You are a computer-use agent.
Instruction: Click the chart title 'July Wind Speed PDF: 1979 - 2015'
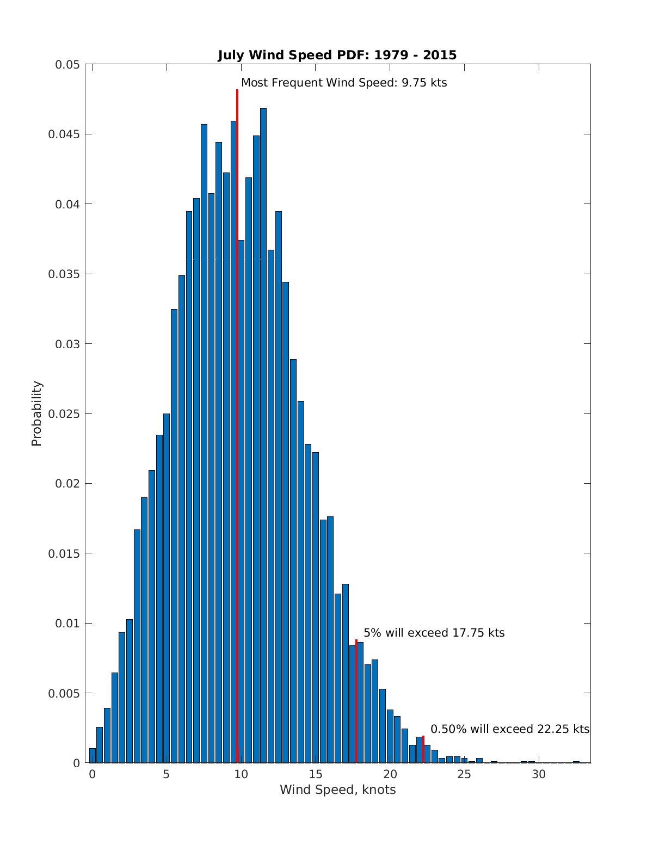coord(337,55)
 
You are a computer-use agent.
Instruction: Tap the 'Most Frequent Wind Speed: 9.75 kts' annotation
coord(344,83)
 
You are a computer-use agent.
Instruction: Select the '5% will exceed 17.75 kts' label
coord(434,633)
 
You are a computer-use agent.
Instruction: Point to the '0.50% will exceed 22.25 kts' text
coord(510,729)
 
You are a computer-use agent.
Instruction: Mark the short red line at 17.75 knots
coord(356,702)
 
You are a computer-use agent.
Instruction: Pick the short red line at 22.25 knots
coord(423,750)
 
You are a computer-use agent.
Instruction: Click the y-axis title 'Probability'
coord(36,414)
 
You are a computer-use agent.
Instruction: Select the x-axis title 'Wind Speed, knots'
coord(337,790)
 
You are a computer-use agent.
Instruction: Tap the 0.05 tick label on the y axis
coord(67,65)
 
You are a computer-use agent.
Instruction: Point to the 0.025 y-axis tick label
coord(64,414)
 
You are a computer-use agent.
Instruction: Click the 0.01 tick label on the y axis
coord(67,623)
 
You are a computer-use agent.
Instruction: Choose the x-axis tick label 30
coord(539,774)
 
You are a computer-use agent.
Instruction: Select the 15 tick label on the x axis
coord(316,774)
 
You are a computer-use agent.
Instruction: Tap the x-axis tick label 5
coord(167,774)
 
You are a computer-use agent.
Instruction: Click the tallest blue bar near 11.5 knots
coord(263,435)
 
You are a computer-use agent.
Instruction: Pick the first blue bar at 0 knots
coord(93,756)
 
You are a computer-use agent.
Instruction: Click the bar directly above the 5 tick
coord(167,588)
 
